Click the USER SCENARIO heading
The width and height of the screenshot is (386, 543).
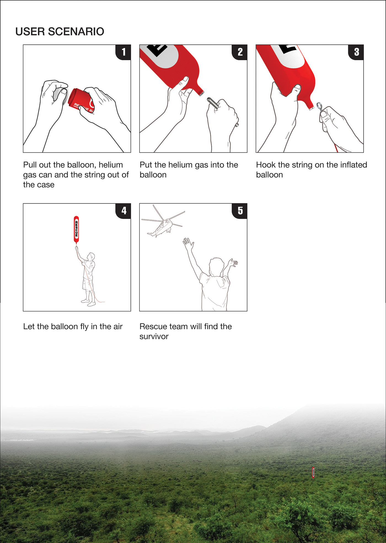coord(60,31)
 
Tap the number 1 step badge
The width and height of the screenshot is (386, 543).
coord(123,52)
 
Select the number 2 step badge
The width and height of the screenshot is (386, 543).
coord(240,52)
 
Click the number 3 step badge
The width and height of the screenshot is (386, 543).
coord(356,52)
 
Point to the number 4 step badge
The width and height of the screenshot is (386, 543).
coord(123,211)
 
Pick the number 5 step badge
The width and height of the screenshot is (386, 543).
coord(240,211)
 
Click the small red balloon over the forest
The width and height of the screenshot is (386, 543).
coord(313,472)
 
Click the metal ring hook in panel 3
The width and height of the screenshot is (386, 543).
coord(320,106)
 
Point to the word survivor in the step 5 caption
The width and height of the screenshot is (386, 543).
coord(154,336)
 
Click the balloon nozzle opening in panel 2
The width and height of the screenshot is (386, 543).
coord(202,93)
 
